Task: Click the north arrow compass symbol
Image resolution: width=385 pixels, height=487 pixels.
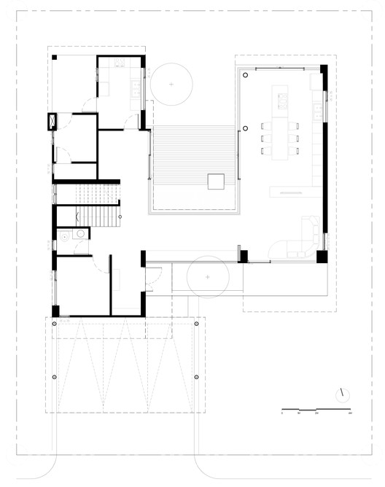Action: [x=341, y=394]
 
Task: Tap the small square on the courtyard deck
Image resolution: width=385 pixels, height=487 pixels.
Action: [x=215, y=181]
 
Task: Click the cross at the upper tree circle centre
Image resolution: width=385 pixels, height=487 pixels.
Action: [x=171, y=85]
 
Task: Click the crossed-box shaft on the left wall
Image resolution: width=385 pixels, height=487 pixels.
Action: [x=52, y=121]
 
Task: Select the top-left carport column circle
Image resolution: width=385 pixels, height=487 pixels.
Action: [x=54, y=323]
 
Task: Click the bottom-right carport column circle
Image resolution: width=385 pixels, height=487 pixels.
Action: [x=197, y=375]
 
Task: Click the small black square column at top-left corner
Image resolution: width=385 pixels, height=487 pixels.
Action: [x=54, y=57]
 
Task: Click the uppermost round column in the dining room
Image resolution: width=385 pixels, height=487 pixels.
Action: [x=246, y=74]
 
